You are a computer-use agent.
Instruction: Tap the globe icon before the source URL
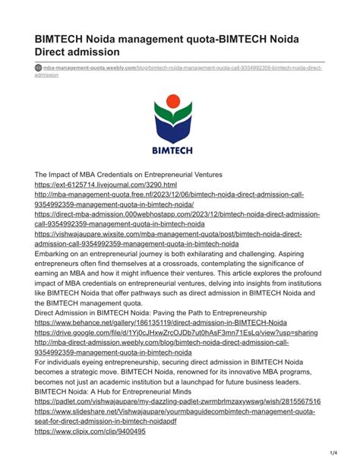click(39, 68)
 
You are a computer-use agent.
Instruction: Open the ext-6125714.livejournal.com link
click(106, 185)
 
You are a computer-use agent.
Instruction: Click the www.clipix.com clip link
click(90, 432)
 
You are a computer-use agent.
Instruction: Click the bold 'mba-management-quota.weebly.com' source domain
click(90, 68)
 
